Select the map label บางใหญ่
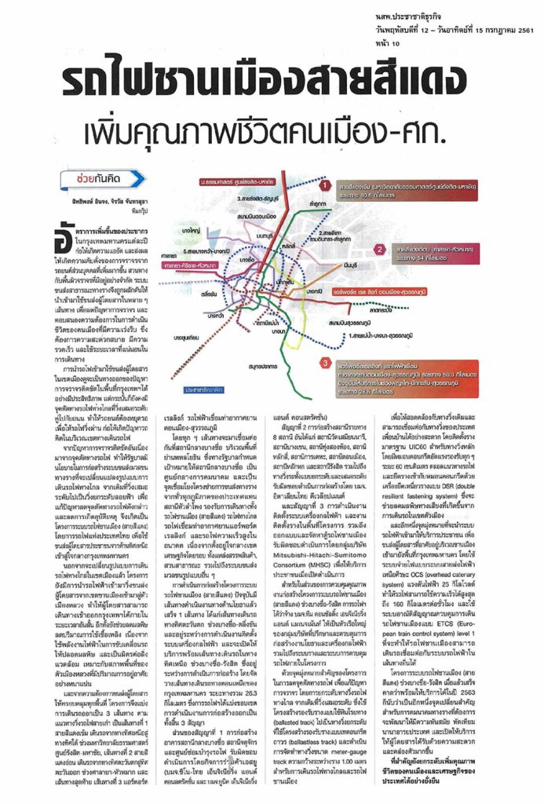pyautogui.click(x=190, y=234)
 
